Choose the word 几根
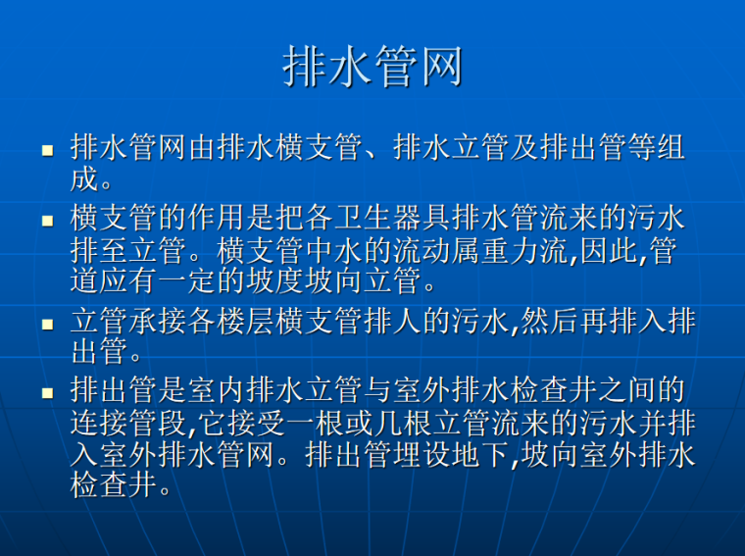click(x=413, y=424)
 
